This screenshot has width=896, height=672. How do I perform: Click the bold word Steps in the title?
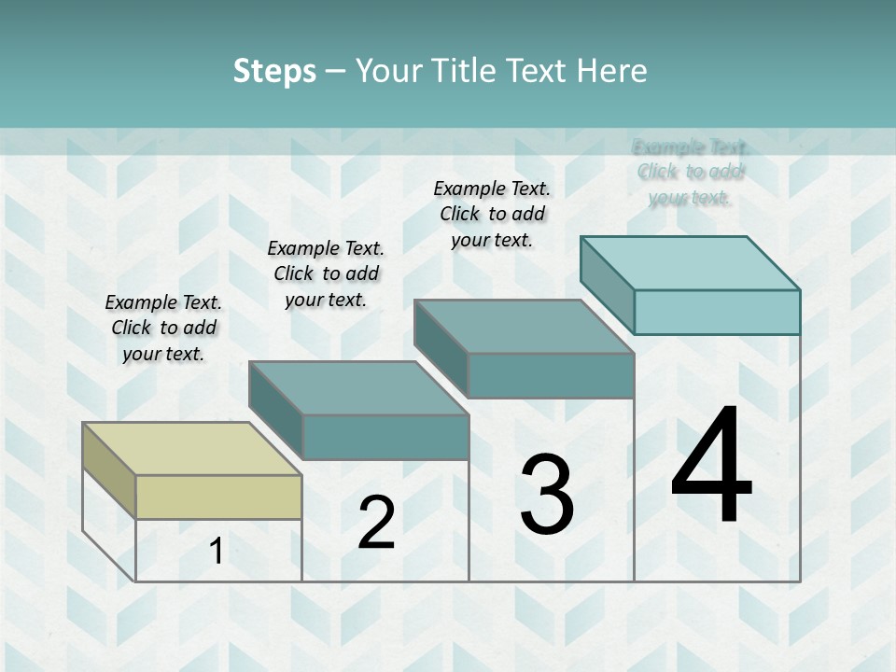pyautogui.click(x=274, y=71)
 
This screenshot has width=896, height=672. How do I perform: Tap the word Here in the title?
pyautogui.click(x=611, y=71)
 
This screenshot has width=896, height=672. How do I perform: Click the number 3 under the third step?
pyautogui.click(x=546, y=495)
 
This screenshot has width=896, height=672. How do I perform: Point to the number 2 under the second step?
pyautogui.click(x=376, y=523)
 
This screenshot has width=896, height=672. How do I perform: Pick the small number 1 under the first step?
pyautogui.click(x=217, y=551)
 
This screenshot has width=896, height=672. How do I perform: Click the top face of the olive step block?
pyautogui.click(x=191, y=448)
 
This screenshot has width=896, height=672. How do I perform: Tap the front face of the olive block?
pyautogui.click(x=218, y=497)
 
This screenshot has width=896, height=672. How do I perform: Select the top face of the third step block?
pyautogui.click(x=524, y=327)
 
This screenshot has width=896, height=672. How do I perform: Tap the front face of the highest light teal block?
pyautogui.click(x=717, y=312)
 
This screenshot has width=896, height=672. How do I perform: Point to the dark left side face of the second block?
pyautogui.click(x=276, y=411)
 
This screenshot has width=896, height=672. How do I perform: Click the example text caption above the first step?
pyautogui.click(x=163, y=328)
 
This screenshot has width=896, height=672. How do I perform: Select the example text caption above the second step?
pyautogui.click(x=326, y=273)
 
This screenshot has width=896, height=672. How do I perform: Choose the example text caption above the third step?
pyautogui.click(x=492, y=214)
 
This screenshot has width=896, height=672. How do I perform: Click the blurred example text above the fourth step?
pyautogui.click(x=690, y=172)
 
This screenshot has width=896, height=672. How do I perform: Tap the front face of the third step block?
pyautogui.click(x=551, y=375)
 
